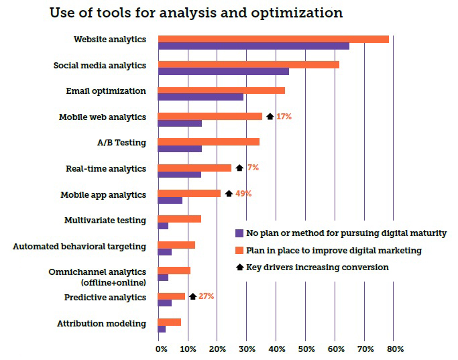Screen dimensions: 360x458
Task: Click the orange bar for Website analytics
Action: [x=273, y=39]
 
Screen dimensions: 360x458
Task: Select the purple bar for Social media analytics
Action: [x=223, y=71]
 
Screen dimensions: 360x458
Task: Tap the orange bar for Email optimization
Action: [x=221, y=90]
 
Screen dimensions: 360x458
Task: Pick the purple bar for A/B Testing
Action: [x=180, y=149]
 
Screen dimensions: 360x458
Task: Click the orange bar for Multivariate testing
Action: [x=179, y=219]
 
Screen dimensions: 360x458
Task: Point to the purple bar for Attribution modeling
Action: [x=162, y=328]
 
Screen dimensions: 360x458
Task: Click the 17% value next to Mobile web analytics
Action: [x=284, y=117]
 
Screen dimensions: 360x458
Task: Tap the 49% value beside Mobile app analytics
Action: [x=243, y=194]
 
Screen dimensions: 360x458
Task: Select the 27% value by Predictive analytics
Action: [x=206, y=296]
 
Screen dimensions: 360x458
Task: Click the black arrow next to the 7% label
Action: [x=239, y=168]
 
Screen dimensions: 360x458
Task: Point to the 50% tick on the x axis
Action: [x=306, y=349]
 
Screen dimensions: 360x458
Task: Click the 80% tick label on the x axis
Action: [x=395, y=349]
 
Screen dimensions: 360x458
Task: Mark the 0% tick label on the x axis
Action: [x=162, y=349]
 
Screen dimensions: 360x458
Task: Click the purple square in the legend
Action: [x=239, y=233]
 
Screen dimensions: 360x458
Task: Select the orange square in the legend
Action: [x=239, y=251]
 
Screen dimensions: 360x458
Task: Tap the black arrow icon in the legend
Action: [x=239, y=267]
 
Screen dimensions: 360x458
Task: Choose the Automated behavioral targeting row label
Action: [x=79, y=246]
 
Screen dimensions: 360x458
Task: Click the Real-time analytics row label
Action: [x=105, y=169]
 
